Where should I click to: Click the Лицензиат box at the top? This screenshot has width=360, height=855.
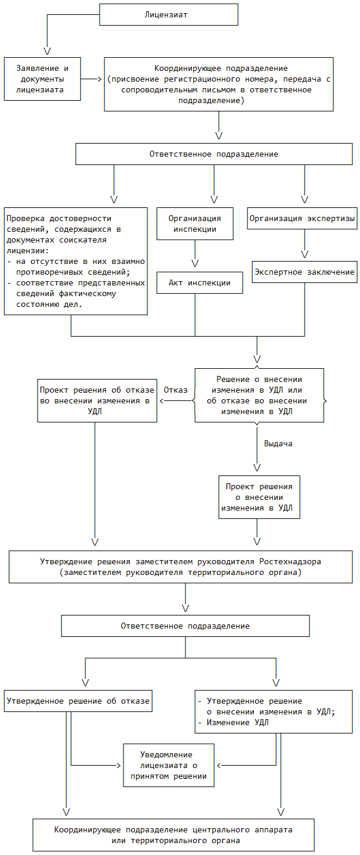coord(169,14)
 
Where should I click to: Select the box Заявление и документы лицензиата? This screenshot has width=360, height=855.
coord(42,79)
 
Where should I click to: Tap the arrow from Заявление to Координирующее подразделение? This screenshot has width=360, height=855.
coord(91,79)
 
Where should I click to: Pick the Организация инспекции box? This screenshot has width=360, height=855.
coord(195,223)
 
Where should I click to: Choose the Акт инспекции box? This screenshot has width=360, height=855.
coord(200,282)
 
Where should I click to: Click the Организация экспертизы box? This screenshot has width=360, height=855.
coord(302,218)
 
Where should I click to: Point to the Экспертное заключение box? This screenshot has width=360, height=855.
coord(305,272)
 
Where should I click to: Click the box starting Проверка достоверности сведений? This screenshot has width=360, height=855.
coord(76,261)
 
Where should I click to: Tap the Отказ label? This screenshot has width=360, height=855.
coord(175,390)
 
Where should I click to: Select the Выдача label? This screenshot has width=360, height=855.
coord(278,444)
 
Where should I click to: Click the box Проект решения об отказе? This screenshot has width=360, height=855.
coord(97,400)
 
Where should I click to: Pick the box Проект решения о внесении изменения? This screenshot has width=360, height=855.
coord(259,498)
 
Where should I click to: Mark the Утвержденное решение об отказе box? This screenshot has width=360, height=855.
coord(78,701)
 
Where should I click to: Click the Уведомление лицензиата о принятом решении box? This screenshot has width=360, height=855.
coord(169,765)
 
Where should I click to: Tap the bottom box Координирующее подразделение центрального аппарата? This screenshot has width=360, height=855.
coord(173,835)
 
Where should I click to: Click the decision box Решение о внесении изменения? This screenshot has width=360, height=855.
coord(259,395)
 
